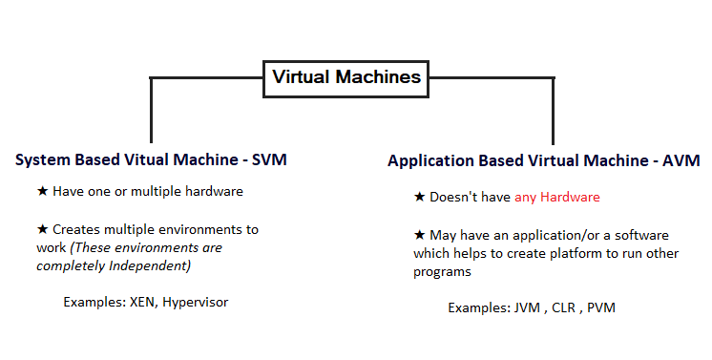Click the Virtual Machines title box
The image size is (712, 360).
(x=346, y=78)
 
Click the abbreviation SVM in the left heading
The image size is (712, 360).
(x=267, y=159)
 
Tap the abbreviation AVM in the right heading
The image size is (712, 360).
(x=681, y=160)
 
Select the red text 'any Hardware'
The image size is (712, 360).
(x=557, y=198)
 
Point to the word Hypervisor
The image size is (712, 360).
(x=196, y=302)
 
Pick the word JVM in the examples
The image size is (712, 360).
(x=527, y=308)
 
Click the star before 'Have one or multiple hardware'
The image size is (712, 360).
(x=42, y=191)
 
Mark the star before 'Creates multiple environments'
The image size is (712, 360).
(x=42, y=230)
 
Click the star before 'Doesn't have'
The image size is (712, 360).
(x=419, y=197)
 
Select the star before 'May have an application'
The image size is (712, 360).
(x=419, y=235)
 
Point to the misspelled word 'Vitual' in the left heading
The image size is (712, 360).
(x=125, y=159)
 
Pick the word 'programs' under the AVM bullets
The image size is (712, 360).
(x=441, y=270)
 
